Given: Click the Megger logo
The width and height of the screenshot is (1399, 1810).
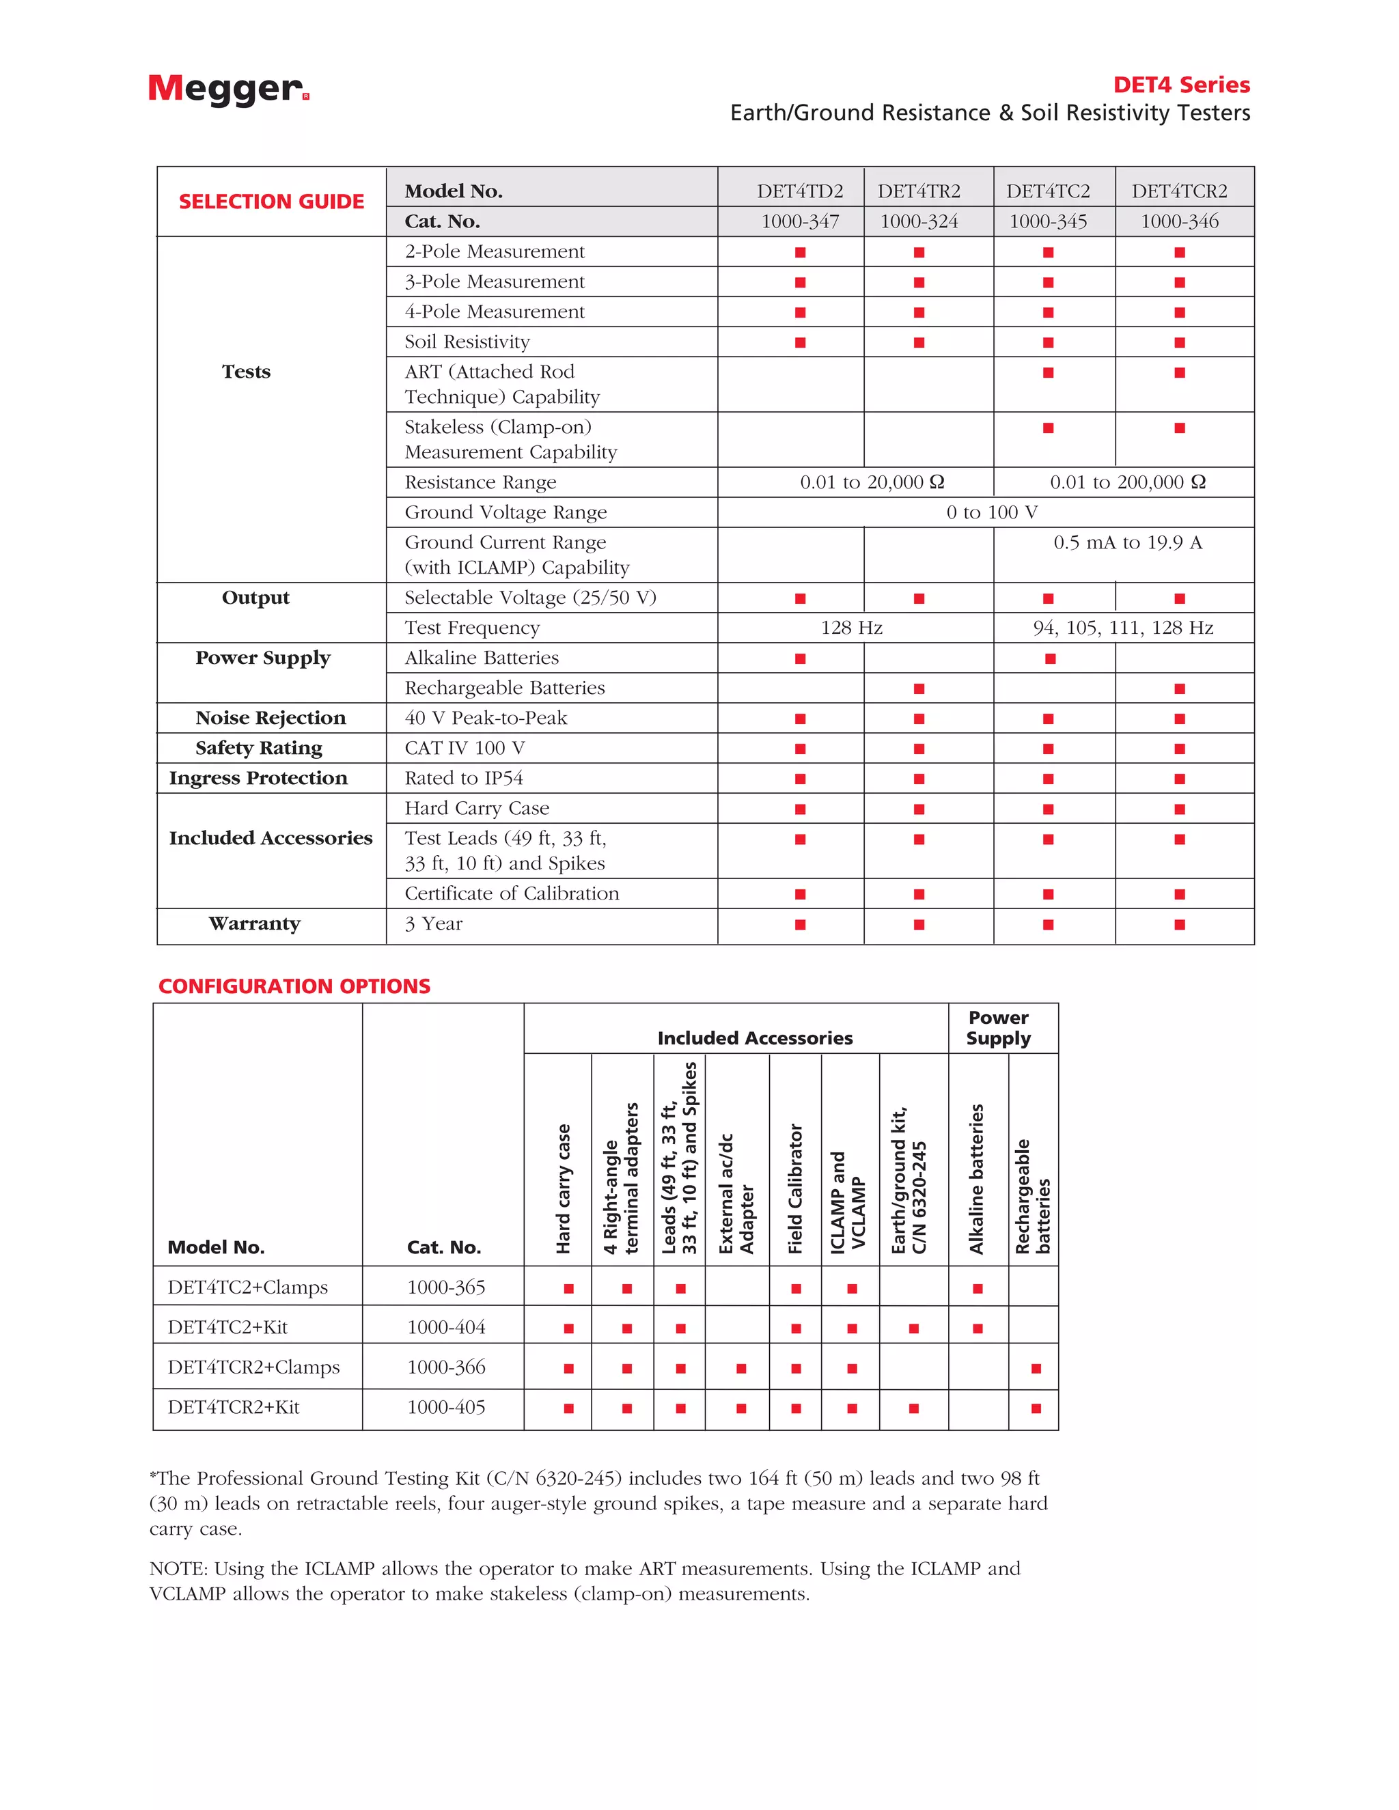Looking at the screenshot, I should tap(228, 89).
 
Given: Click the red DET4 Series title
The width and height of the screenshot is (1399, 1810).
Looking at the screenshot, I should tap(1181, 85).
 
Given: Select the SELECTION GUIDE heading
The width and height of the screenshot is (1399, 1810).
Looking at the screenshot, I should tap(271, 201).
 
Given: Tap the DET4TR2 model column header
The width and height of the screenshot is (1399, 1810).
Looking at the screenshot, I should tap(919, 191).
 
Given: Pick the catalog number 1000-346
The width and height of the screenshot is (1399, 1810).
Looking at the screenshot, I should tap(1179, 221).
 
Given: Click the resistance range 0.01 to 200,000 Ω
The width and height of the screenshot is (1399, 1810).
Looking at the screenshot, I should tap(1127, 482).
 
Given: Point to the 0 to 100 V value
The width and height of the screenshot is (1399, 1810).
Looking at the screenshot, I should tap(991, 512).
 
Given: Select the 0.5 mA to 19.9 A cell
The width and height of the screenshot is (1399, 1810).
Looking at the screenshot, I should tap(1127, 543).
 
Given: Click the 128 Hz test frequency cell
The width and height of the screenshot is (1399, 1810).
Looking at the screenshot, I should tap(851, 628).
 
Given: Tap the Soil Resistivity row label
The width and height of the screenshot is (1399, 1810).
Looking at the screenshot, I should tap(467, 342).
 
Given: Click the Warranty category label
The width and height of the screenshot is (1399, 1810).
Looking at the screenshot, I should tap(254, 923).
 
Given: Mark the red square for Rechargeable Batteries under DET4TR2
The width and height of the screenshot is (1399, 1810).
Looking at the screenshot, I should tap(919, 688).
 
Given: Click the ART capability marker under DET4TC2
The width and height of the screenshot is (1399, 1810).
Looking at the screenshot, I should tap(1049, 373).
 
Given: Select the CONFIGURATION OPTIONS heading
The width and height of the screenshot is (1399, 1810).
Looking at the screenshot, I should tap(294, 986).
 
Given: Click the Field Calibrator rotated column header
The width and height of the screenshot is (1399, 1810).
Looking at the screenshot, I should tap(796, 1188).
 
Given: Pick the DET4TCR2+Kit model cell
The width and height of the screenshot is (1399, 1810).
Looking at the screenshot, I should tap(234, 1407).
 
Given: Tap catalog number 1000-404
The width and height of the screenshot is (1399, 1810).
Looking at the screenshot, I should tap(446, 1327).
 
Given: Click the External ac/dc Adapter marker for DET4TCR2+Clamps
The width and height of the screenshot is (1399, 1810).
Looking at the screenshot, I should tap(741, 1368).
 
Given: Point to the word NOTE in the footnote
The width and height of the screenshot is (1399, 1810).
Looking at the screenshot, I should tap(178, 1569).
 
